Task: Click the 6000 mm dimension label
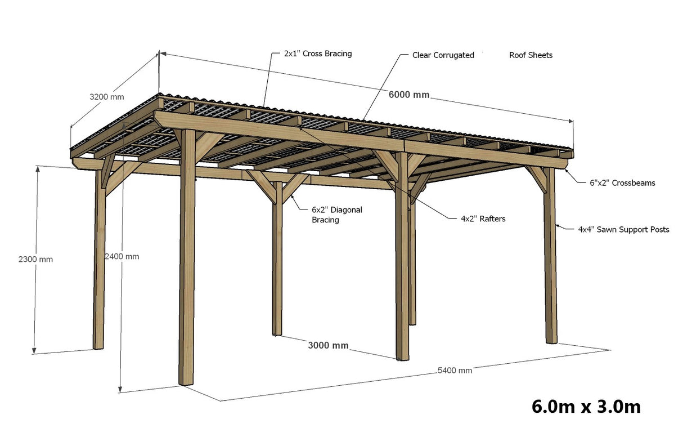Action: pyautogui.click(x=408, y=95)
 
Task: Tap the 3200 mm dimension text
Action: pyautogui.click(x=107, y=97)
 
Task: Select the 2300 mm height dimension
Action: pyautogui.click(x=35, y=260)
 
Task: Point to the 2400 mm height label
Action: pyautogui.click(x=122, y=256)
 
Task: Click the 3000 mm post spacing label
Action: pyautogui.click(x=328, y=345)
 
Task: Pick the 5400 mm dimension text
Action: pyautogui.click(x=455, y=371)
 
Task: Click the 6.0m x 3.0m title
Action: pyautogui.click(x=586, y=406)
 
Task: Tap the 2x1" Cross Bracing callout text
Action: pyautogui.click(x=318, y=54)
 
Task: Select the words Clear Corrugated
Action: pyautogui.click(x=443, y=55)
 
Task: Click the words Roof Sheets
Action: pyautogui.click(x=531, y=55)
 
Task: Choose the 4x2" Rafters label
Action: pyautogui.click(x=483, y=218)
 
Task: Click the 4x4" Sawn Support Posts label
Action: pyautogui.click(x=623, y=230)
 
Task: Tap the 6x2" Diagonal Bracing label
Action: pyautogui.click(x=337, y=215)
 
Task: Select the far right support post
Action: pyautogui.click(x=550, y=259)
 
